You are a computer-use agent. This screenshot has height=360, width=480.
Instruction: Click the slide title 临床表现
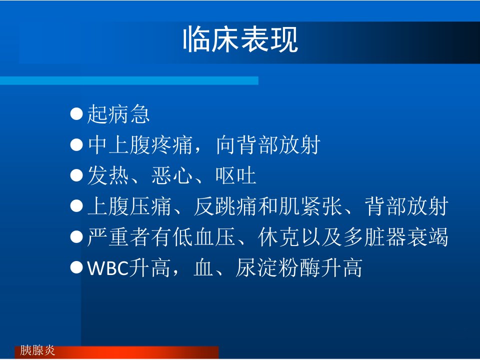(240, 40)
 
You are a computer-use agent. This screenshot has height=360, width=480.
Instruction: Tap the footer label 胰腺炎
(37, 350)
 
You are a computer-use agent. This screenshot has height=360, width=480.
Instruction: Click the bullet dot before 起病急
(76, 113)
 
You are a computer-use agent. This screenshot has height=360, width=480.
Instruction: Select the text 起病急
(118, 114)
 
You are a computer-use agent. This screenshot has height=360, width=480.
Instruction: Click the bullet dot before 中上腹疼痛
(76, 144)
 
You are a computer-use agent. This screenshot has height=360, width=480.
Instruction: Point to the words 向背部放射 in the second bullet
(268, 145)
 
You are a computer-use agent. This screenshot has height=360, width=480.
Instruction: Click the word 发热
(108, 175)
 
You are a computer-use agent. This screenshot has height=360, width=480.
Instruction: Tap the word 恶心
(172, 175)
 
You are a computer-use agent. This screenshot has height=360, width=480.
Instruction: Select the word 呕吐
(235, 175)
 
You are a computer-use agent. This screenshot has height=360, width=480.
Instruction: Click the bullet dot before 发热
(76, 175)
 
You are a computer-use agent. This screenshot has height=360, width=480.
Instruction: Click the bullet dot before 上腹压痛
(76, 206)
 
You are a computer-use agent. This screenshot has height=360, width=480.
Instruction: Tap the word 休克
(278, 237)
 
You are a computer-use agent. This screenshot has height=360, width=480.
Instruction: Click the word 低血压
(204, 237)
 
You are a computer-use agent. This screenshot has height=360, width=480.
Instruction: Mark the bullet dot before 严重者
(76, 237)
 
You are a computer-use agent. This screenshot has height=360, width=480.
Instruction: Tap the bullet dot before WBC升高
(76, 267)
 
